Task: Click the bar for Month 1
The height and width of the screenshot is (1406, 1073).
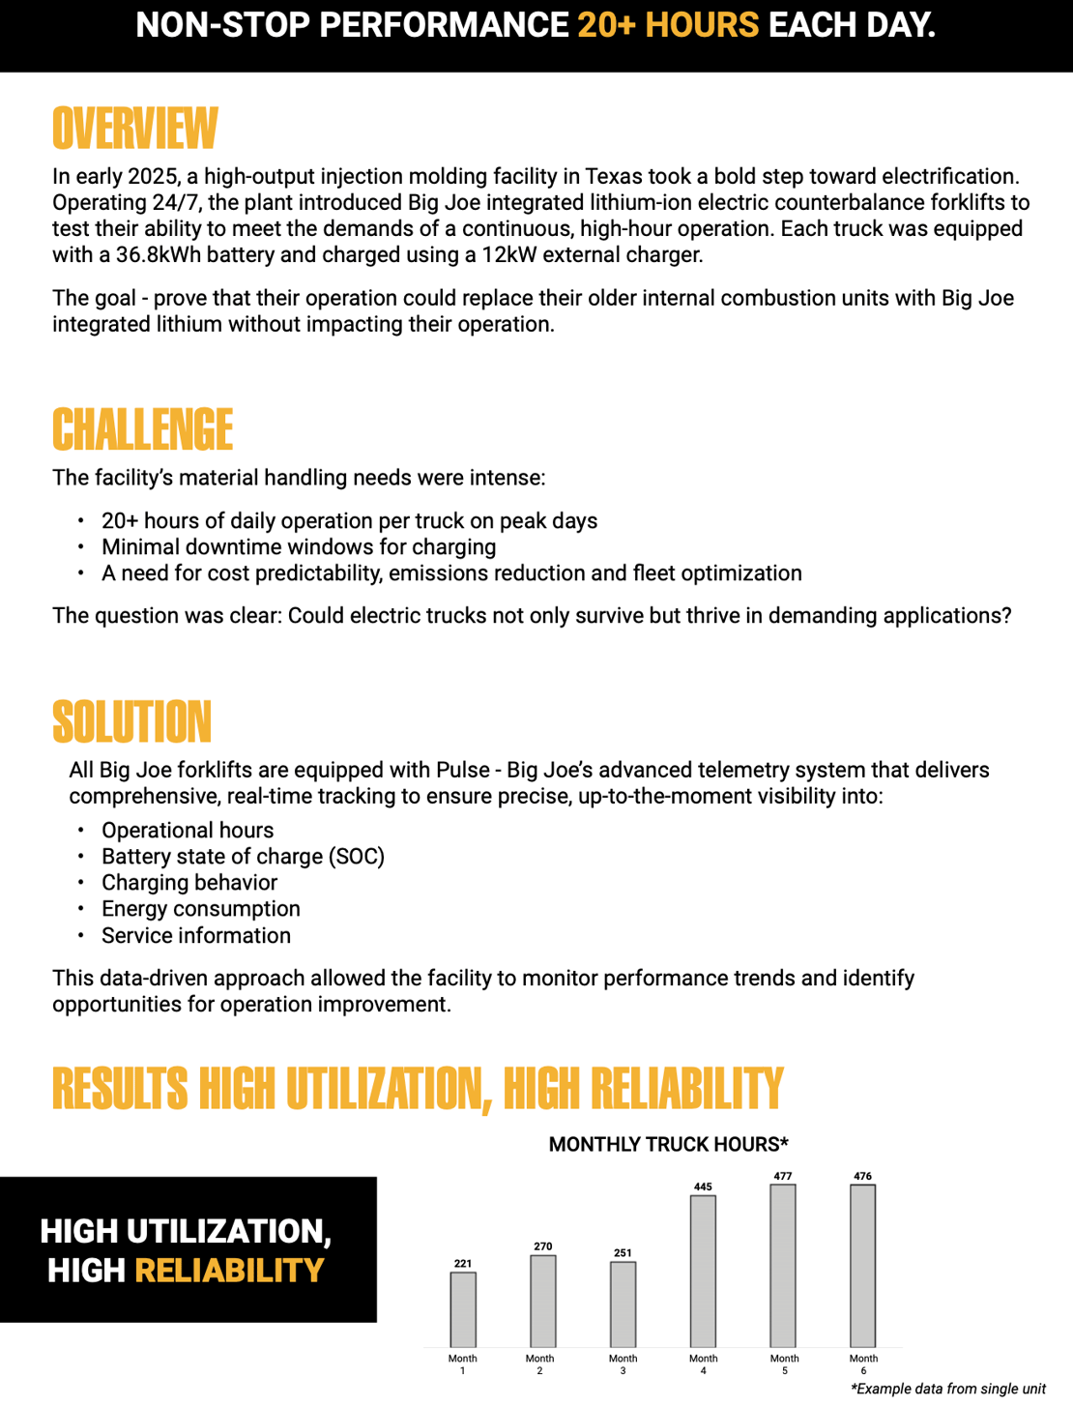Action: (x=463, y=1309)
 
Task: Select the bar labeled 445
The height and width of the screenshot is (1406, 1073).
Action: (x=703, y=1271)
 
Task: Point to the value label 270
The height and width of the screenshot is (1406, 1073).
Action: (x=543, y=1246)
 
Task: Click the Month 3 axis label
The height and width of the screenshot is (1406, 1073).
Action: (x=623, y=1364)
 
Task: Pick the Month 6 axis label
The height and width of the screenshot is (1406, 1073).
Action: (x=863, y=1364)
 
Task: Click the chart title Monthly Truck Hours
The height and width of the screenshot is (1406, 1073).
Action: (x=668, y=1145)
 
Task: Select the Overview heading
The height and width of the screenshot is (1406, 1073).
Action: (x=135, y=130)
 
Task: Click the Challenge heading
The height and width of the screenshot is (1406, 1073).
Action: (x=143, y=430)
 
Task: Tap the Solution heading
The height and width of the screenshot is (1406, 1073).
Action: (x=132, y=722)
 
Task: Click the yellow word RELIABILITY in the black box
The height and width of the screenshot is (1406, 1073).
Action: (x=229, y=1271)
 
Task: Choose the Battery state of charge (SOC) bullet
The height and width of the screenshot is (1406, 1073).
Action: (x=243, y=857)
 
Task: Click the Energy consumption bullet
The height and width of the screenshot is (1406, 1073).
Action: (x=201, y=909)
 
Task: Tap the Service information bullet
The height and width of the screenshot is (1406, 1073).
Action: (x=196, y=936)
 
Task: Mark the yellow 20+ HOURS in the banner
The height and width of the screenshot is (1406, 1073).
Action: (x=668, y=25)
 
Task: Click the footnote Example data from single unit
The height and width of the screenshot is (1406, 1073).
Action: (x=948, y=1389)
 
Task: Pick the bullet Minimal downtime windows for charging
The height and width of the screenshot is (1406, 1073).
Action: (x=299, y=547)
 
